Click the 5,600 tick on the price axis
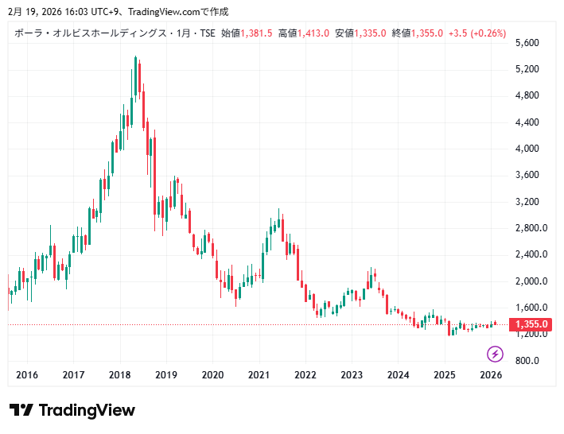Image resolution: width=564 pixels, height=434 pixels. click(528, 43)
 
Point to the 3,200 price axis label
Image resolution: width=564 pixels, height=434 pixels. click(528, 202)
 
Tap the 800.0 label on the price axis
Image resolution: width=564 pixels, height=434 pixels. click(528, 361)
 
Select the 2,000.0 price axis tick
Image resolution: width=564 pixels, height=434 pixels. click(528, 281)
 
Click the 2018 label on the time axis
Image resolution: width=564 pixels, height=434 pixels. click(120, 375)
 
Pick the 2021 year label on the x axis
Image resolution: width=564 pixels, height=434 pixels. click(259, 375)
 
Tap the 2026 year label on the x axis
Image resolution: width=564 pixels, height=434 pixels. click(491, 375)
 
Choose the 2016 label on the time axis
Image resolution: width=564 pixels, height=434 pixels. click(27, 375)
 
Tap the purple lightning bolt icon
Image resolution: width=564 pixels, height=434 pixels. click(496, 354)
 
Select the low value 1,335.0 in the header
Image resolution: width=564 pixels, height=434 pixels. click(370, 33)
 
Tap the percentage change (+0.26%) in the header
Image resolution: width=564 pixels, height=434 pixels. click(488, 33)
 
